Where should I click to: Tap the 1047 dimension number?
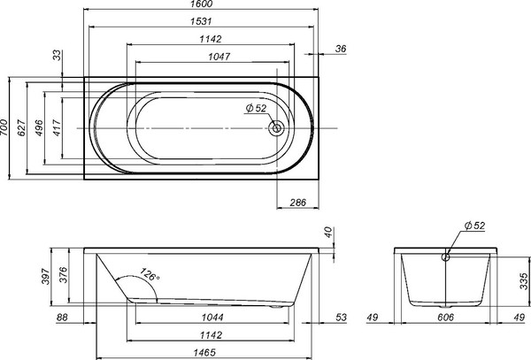(x=208, y=57)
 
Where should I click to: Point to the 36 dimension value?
(x=342, y=50)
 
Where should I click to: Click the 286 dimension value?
(x=297, y=203)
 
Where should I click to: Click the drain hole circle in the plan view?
(x=278, y=127)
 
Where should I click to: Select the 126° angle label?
(x=150, y=276)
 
